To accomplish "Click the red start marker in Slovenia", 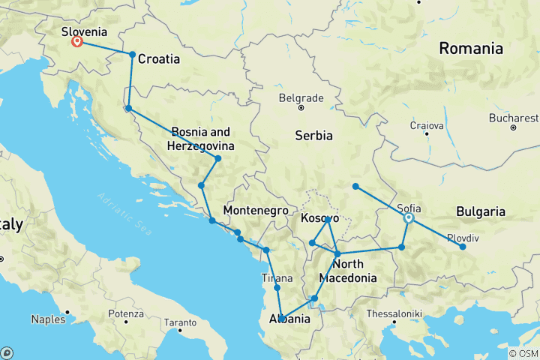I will [76, 41].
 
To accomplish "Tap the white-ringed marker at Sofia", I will [409, 219].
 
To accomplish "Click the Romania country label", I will [471, 49].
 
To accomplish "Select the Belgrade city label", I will [300, 97].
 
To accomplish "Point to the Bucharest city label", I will [514, 118].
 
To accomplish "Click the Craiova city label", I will [426, 126].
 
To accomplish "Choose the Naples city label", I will [47, 319].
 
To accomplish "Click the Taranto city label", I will [179, 323].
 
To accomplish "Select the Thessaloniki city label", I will [394, 313].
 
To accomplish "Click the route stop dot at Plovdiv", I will [462, 247].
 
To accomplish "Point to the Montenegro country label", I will [256, 211].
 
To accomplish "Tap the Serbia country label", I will [313, 136].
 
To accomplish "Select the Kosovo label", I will [320, 218].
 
